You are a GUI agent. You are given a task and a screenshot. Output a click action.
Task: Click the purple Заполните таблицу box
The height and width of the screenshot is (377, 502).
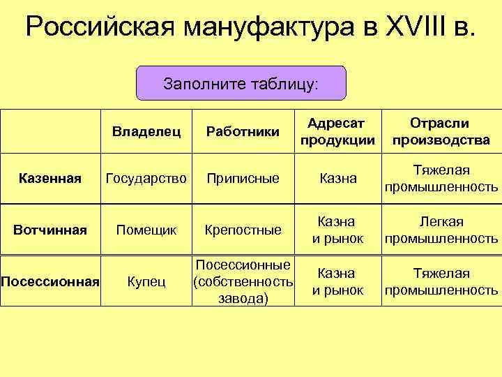[x=241, y=84]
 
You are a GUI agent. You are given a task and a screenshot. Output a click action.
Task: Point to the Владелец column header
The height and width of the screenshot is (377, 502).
[x=147, y=131]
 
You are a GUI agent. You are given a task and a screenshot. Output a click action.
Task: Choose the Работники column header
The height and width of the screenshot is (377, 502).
[x=243, y=131]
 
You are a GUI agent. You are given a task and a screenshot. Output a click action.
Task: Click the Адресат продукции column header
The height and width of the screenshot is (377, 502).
[x=337, y=131]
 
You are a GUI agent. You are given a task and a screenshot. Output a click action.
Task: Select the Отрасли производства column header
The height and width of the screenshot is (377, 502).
[x=441, y=131]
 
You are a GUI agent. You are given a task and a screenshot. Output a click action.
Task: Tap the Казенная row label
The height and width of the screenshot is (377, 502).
[x=50, y=179]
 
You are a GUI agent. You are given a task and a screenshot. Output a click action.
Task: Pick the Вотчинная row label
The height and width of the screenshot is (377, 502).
[x=50, y=229]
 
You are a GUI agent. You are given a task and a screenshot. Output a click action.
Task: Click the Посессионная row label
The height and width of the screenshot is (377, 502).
[x=50, y=281]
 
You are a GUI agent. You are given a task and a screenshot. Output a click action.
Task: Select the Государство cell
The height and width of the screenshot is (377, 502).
[x=146, y=179]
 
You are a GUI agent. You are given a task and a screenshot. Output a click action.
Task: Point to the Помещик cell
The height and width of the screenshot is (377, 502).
[x=146, y=229]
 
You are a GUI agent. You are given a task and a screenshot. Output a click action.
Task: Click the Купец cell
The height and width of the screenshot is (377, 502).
[x=146, y=281]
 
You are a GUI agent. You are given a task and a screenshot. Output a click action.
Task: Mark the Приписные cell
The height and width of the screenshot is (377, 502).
[x=243, y=179]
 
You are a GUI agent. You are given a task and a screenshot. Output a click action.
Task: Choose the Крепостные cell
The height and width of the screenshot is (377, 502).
[x=243, y=229]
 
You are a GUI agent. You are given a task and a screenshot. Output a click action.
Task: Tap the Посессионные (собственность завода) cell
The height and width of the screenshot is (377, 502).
[x=243, y=281]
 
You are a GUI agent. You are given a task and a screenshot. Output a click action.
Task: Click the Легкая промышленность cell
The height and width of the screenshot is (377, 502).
[x=441, y=230]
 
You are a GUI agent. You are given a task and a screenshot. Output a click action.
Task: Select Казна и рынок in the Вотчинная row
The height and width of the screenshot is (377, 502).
[x=337, y=230]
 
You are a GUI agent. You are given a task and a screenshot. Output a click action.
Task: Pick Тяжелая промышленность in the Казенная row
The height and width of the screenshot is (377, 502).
[x=441, y=179]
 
